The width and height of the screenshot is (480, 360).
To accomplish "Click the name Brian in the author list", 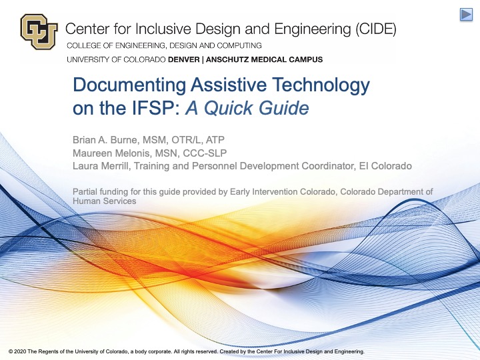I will pos(85,139).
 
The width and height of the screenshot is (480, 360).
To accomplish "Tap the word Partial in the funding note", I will pos(84,191).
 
